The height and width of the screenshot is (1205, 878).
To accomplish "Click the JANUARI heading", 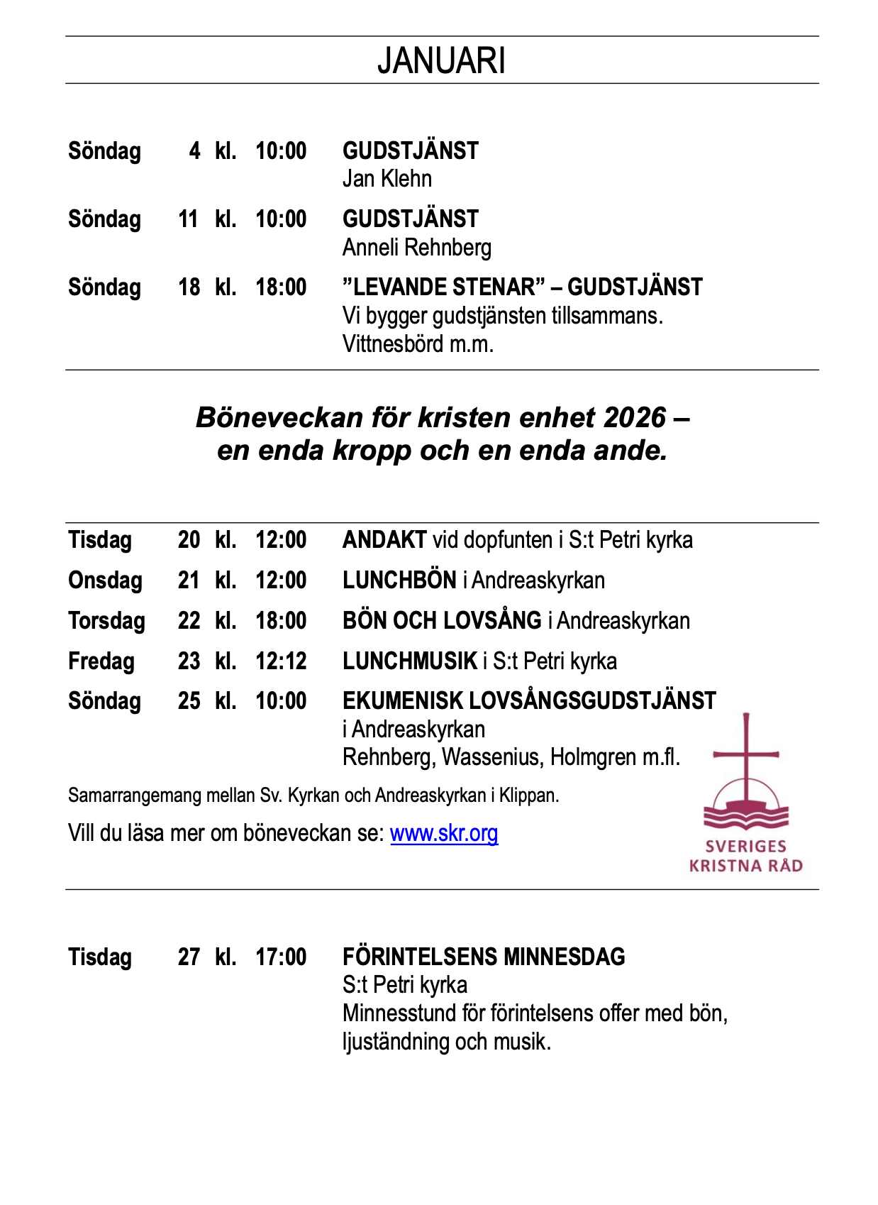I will tap(441, 60).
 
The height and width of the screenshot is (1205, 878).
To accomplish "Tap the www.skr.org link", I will tap(444, 832).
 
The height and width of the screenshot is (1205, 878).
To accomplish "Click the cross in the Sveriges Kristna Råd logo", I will tap(745, 752).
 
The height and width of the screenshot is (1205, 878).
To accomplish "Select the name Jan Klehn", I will tap(387, 179).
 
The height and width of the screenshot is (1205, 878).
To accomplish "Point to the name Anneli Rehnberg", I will tap(417, 248).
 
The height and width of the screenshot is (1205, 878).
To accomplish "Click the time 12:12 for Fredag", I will tap(281, 661).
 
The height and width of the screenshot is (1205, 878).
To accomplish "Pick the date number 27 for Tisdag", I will tap(189, 957).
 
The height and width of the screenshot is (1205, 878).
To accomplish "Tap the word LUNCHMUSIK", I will tap(410, 661).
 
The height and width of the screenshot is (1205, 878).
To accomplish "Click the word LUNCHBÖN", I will tap(399, 581).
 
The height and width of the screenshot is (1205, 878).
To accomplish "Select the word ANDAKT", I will tap(384, 540).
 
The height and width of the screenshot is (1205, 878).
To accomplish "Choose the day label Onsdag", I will tap(105, 581).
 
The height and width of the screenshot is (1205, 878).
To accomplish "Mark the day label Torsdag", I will tap(106, 621).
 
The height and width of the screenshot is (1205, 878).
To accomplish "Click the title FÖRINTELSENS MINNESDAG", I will tap(484, 957).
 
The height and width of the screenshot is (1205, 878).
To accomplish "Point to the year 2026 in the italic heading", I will tap(635, 417).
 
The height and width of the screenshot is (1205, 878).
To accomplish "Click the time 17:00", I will tap(281, 957).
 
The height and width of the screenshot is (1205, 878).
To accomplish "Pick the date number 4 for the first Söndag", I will tap(194, 151).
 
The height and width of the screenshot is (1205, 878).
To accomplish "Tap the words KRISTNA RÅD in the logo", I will tap(745, 866).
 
